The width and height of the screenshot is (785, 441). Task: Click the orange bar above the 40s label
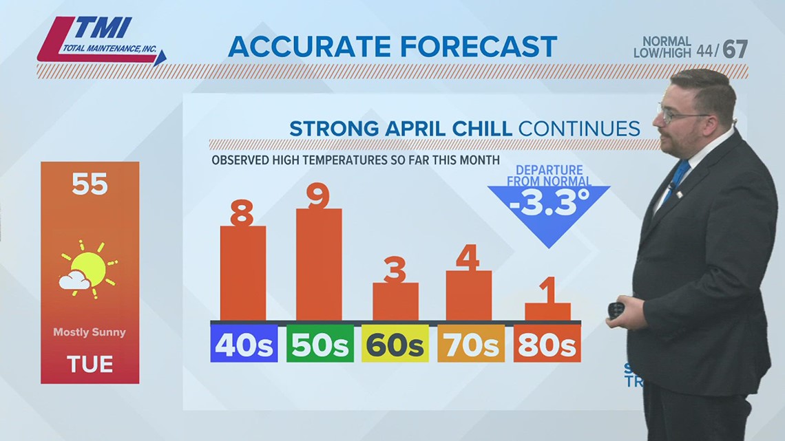point(242,273)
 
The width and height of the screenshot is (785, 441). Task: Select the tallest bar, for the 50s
point(318,264)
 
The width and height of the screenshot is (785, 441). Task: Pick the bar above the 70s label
point(468,295)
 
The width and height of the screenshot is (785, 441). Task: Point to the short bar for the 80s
point(547,312)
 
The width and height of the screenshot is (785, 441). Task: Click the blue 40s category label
point(244,344)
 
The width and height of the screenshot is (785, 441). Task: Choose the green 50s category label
point(320,344)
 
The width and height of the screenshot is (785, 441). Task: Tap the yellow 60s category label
point(395,344)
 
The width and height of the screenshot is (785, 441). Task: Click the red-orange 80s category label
point(547,344)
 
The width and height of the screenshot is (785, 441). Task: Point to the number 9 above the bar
point(318,196)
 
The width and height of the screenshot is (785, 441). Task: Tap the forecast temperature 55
point(90,184)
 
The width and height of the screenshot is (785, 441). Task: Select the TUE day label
point(90,364)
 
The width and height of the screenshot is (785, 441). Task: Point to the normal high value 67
point(735,50)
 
